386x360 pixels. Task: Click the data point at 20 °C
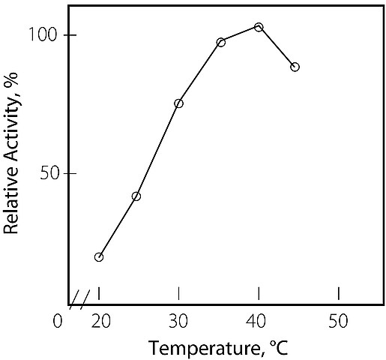pos(99,257)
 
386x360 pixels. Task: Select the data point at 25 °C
pos(136,196)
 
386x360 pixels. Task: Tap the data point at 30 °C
pos(178,103)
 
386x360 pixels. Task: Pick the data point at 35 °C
pos(221,42)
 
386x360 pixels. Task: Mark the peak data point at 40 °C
pos(259,27)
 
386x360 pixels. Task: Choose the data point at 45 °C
pos(295,67)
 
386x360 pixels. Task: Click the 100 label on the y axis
pos(43,34)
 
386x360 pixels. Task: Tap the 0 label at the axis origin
pos(58,321)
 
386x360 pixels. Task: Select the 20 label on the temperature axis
pos(100,321)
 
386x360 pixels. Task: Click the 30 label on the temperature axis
pos(178,321)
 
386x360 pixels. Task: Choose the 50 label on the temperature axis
pos(338,321)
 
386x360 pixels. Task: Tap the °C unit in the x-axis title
pos(279,347)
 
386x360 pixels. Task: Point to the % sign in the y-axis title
pos(11,79)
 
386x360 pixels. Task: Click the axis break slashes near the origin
pos(79,299)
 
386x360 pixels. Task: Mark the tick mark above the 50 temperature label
pos(339,293)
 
